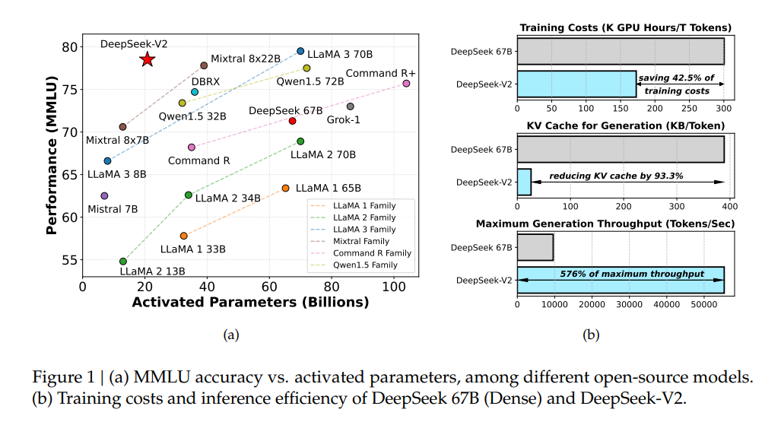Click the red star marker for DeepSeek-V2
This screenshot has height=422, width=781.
point(148,59)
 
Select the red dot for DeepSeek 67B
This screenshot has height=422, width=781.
point(292,121)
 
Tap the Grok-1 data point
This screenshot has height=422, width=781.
point(350,106)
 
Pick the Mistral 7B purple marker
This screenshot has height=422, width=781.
point(104,196)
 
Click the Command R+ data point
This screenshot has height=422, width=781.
point(406,84)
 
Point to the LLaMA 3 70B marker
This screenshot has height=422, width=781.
point(300,51)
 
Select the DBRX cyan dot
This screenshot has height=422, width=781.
point(195,92)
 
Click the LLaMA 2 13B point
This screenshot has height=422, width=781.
point(123,262)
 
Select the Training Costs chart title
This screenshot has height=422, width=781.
point(625,28)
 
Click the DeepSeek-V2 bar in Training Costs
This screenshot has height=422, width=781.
point(576,84)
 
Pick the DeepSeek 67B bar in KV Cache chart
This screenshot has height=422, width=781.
point(620,149)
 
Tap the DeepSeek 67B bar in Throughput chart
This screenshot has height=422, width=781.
point(535,247)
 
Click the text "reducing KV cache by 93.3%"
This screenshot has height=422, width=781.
point(617,176)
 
